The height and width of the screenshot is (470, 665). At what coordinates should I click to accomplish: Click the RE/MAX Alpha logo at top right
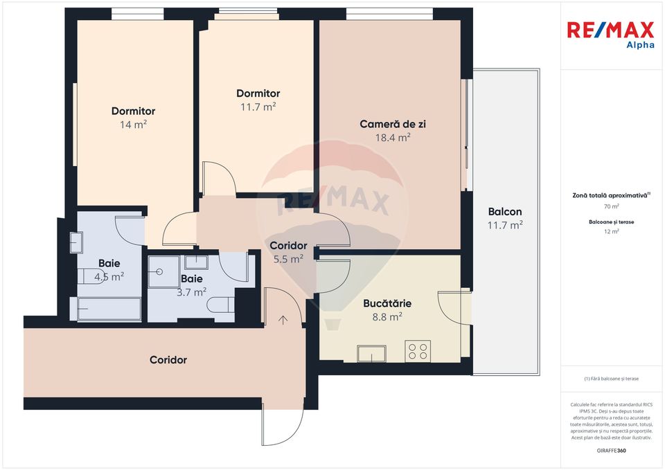(610, 34)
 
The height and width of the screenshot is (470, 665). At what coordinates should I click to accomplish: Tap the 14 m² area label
(133, 125)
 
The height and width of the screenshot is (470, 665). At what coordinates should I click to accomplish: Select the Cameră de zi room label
(392, 124)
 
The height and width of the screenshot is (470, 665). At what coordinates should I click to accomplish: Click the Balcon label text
(505, 212)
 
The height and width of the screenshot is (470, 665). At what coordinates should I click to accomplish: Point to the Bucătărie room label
(387, 303)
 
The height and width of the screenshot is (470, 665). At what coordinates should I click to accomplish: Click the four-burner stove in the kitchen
(418, 351)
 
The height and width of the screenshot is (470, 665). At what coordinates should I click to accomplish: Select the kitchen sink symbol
(371, 353)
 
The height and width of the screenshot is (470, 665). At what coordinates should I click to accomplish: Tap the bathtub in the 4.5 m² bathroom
(109, 309)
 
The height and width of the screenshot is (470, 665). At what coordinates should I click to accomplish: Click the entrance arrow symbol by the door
(283, 319)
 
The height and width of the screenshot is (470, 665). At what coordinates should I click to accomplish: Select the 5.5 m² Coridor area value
(288, 260)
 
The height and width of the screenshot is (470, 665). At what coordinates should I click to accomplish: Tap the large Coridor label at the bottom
(168, 360)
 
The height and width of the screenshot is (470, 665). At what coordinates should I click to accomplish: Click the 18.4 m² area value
(393, 137)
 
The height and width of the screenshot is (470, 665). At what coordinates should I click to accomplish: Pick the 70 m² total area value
(611, 206)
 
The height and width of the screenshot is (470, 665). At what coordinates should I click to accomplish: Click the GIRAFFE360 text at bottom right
(611, 451)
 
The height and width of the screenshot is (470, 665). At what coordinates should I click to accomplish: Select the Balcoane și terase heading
(611, 222)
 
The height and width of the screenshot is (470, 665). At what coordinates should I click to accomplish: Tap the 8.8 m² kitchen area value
(387, 316)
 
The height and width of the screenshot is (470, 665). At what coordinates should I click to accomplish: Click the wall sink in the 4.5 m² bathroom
(76, 242)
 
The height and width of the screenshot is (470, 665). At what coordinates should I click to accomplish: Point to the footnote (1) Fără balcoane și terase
(611, 379)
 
